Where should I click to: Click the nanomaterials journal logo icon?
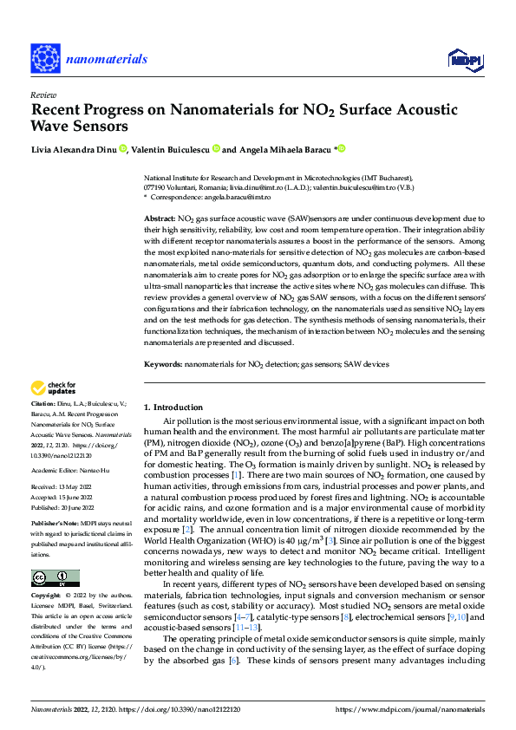pyautogui.click(x=47, y=58)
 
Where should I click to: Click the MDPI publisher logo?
pyautogui.click(x=463, y=59)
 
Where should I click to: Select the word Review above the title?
pyautogui.click(x=42, y=95)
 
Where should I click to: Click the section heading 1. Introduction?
pyautogui.click(x=173, y=407)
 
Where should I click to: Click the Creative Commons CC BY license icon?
pyautogui.click(x=55, y=577)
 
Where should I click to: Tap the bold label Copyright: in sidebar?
pyautogui.click(x=48, y=596)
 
